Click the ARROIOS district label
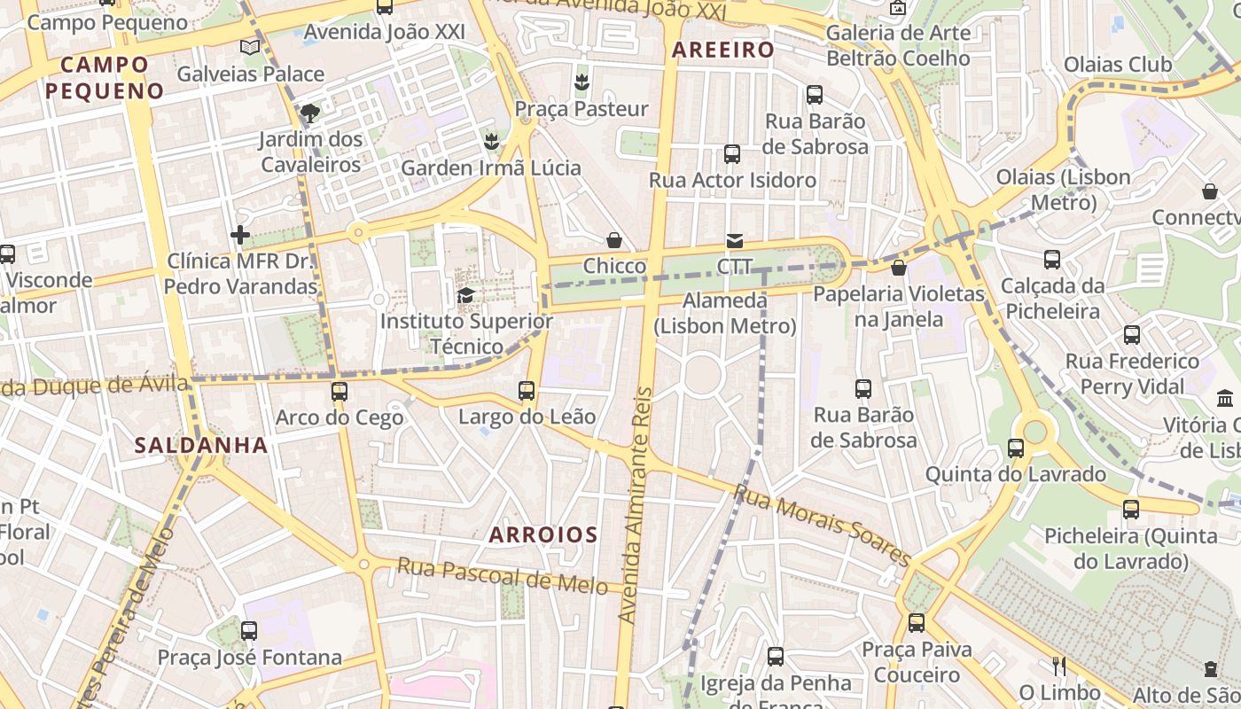click(543, 534)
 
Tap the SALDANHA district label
click(201, 445)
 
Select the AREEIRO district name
click(723, 50)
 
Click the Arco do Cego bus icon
click(339, 391)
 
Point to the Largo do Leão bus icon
click(527, 390)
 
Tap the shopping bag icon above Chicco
click(613, 240)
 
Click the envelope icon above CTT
click(735, 240)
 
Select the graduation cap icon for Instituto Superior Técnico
click(465, 295)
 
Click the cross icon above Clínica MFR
click(240, 235)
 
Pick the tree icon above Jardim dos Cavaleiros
click(309, 113)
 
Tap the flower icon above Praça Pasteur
click(581, 82)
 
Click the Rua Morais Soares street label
click(823, 526)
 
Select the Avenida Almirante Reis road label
click(635, 505)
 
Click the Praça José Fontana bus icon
click(249, 631)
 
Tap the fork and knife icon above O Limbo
click(1058, 666)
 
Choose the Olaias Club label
click(1117, 65)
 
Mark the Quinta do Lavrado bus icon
click(1016, 448)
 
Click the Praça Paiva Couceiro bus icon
click(917, 623)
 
